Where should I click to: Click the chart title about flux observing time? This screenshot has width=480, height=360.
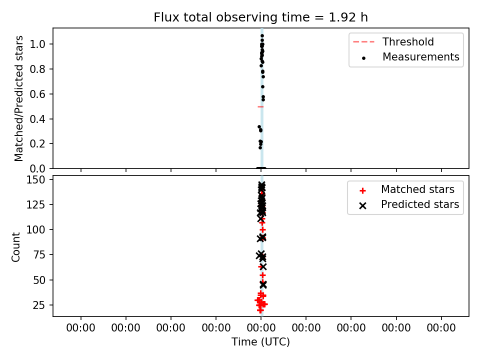point(260,17)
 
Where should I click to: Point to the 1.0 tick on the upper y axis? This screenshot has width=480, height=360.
point(37,44)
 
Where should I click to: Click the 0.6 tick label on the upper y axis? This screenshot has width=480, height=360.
point(37,94)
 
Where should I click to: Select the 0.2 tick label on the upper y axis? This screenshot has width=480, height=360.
point(37,144)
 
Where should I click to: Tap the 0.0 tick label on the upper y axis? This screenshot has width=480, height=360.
point(37,168)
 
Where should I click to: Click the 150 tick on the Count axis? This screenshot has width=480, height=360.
point(35,179)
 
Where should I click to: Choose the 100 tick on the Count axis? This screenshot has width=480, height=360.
point(35,230)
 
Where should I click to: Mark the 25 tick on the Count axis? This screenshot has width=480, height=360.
point(39,305)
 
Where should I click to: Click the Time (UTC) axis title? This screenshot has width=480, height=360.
point(260,342)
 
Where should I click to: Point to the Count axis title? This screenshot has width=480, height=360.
point(16,246)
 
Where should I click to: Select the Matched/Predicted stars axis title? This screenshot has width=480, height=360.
point(18,98)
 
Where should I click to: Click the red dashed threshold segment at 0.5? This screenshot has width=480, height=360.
point(260,107)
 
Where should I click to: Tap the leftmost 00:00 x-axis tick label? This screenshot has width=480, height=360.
point(81,328)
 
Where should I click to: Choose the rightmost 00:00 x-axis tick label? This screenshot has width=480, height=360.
point(441,328)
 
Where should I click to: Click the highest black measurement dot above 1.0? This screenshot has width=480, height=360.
point(262,36)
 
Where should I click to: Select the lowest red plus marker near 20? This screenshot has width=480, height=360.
point(260,310)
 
